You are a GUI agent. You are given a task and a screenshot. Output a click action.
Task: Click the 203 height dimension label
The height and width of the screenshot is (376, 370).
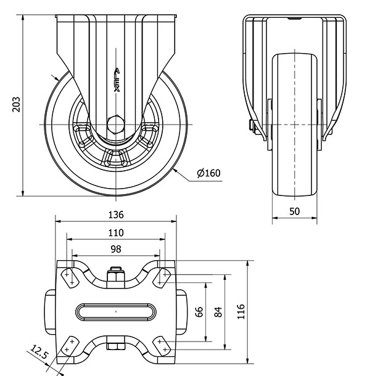16,105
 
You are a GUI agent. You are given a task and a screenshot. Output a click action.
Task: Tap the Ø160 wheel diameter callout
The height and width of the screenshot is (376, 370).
208,173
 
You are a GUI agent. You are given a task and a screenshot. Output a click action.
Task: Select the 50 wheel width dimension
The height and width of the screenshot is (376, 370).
294,211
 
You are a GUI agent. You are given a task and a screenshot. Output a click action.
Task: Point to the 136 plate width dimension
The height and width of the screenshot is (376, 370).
116,215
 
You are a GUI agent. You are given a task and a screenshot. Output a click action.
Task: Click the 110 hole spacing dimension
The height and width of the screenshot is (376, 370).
116,232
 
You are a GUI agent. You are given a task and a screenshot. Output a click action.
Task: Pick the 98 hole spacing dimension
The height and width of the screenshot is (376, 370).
116,249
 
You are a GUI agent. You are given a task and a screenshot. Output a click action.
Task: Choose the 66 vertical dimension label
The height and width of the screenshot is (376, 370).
199,312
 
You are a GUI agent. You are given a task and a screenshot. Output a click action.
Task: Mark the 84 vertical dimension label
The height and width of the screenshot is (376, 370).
218,312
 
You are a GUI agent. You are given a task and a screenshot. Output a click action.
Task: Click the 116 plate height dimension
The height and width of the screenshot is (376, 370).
240,311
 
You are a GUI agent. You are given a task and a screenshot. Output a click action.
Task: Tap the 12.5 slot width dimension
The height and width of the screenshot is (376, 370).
39,352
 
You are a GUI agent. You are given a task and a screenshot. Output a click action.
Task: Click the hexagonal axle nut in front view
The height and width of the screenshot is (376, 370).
116,125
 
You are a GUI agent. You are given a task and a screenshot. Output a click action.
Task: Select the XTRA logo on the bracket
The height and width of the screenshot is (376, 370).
117,80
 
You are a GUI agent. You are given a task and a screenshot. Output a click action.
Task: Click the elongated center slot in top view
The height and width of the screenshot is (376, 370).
116,312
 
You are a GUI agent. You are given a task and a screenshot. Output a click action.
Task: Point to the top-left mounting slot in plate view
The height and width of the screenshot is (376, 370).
69,278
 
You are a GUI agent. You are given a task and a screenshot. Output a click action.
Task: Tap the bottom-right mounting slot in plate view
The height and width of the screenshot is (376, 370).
162,346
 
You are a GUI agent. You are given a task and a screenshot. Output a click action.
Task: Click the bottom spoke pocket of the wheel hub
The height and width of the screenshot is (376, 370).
116,158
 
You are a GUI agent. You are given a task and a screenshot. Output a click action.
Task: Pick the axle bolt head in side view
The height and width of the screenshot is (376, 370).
251,125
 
